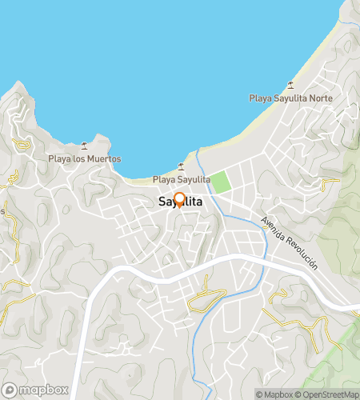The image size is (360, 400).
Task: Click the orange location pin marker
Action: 179,200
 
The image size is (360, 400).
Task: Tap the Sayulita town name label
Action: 179,203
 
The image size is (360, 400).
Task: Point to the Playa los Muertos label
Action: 84,158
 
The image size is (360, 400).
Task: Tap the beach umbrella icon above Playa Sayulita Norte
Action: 290,86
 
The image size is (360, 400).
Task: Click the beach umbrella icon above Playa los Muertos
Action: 84,146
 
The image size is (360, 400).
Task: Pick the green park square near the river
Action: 220,181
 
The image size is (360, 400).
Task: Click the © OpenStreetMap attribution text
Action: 327,394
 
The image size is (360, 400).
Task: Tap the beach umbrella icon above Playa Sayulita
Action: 181,166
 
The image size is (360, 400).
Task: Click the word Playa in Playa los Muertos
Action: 59,158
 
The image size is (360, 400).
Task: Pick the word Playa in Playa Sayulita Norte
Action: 261,99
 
